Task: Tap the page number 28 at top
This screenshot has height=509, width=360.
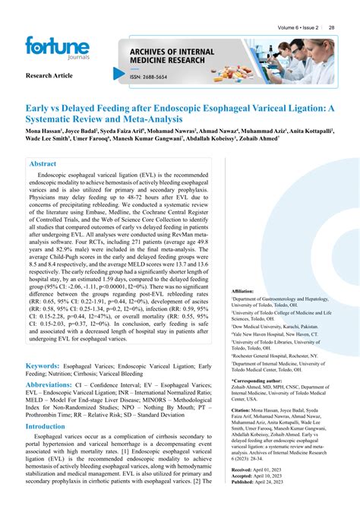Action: (332, 27)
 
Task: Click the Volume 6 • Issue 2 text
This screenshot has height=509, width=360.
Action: (297, 27)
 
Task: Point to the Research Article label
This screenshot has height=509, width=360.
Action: (49, 77)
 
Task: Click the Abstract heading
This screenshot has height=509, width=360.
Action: (43, 163)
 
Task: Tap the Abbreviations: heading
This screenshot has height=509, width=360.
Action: (59, 385)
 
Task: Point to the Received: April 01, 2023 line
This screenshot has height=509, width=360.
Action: (261, 470)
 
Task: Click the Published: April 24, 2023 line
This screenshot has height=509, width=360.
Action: (263, 482)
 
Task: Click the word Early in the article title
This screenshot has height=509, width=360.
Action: (40, 108)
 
